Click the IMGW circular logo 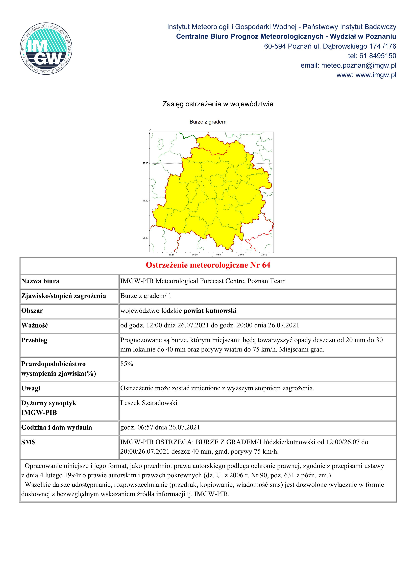click(x=46, y=48)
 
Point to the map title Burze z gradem click(x=208, y=122)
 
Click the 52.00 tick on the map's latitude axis click(x=145, y=163)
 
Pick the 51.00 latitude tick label click(x=145, y=238)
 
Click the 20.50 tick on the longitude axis click(x=264, y=255)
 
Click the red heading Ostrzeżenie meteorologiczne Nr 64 click(x=208, y=265)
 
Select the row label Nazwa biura click(x=40, y=281)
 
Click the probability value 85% click(x=127, y=364)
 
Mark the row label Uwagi click(x=31, y=388)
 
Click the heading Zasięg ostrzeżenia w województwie click(x=218, y=104)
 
